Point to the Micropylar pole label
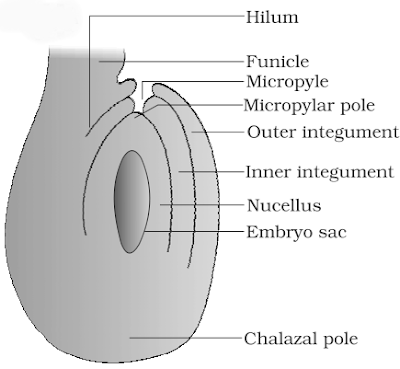310,104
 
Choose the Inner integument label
319,172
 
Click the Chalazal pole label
301,338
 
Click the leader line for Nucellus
200,207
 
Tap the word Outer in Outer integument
267,132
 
